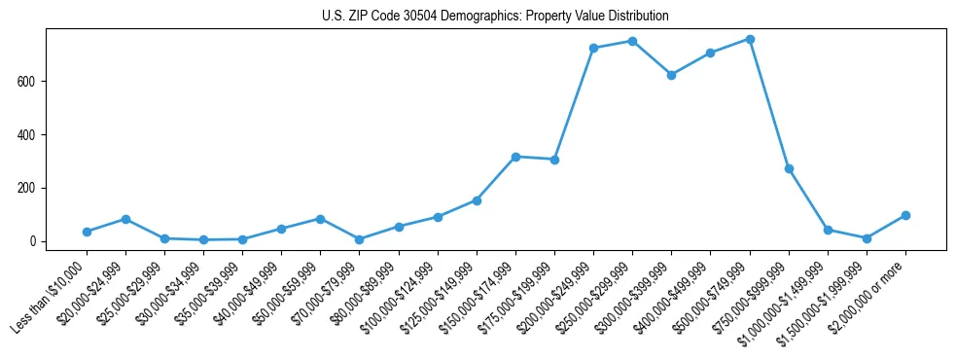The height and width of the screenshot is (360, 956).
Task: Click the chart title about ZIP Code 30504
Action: click(495, 17)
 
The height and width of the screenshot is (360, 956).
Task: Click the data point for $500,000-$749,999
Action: click(750, 39)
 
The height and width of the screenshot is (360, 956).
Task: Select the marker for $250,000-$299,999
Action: click(632, 41)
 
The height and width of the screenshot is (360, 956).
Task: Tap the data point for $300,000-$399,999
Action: click(671, 75)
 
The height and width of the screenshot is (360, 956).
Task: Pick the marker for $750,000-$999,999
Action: click(789, 168)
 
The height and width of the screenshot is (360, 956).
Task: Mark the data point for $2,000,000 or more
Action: click(905, 215)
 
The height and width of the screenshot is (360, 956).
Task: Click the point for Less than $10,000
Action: click(87, 232)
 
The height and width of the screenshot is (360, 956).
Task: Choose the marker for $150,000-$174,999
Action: click(515, 157)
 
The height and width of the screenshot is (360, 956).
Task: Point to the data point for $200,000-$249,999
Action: click(593, 48)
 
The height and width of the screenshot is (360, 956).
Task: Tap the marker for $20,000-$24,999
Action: click(125, 219)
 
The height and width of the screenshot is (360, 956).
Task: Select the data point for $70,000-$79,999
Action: click(360, 239)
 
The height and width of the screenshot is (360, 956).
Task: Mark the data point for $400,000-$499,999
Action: click(710, 53)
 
